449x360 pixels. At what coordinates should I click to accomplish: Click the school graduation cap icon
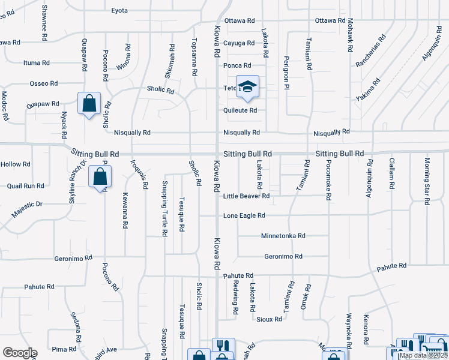[247, 87]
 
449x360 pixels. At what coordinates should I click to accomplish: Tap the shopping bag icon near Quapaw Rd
[89, 104]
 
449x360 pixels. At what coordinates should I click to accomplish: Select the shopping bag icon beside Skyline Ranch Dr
[100, 177]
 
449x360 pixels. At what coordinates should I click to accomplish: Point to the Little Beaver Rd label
[246, 196]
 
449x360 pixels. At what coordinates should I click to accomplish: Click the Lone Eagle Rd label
[244, 215]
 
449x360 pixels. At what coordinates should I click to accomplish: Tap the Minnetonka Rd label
[283, 236]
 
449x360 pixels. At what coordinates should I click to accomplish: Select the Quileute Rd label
[240, 110]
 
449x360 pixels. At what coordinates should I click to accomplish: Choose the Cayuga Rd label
[239, 43]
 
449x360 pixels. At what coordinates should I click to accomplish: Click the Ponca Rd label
[237, 65]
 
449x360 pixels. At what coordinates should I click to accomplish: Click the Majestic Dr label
[27, 208]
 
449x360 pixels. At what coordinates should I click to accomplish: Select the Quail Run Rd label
[25, 186]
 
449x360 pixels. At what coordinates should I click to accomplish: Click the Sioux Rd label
[269, 320]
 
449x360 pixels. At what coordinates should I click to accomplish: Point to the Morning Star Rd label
[427, 181]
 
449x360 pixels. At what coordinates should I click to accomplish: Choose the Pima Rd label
[60, 349]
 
